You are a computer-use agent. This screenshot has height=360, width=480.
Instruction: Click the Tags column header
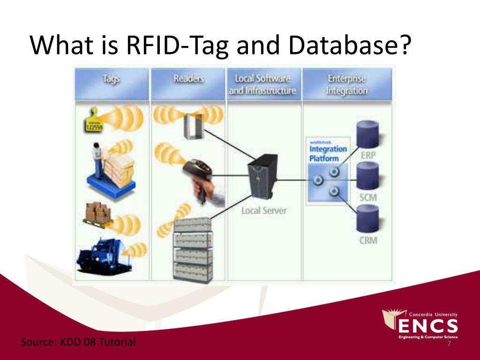112,80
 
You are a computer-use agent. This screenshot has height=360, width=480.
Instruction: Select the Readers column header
188,79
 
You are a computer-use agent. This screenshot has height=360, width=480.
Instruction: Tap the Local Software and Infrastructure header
262,84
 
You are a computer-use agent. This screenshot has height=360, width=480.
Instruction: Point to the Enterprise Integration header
347,84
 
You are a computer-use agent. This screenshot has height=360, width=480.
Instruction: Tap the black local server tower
261,178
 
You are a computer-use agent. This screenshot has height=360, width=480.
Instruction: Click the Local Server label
263,210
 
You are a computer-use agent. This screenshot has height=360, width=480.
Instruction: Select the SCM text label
367,197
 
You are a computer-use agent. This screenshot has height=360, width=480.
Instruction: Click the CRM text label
367,241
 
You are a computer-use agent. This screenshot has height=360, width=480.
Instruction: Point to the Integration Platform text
328,153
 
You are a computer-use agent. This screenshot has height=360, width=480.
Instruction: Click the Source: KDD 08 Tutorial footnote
78,342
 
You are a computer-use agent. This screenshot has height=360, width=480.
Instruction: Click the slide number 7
449,344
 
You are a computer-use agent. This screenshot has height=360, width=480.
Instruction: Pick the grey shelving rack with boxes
193,251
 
